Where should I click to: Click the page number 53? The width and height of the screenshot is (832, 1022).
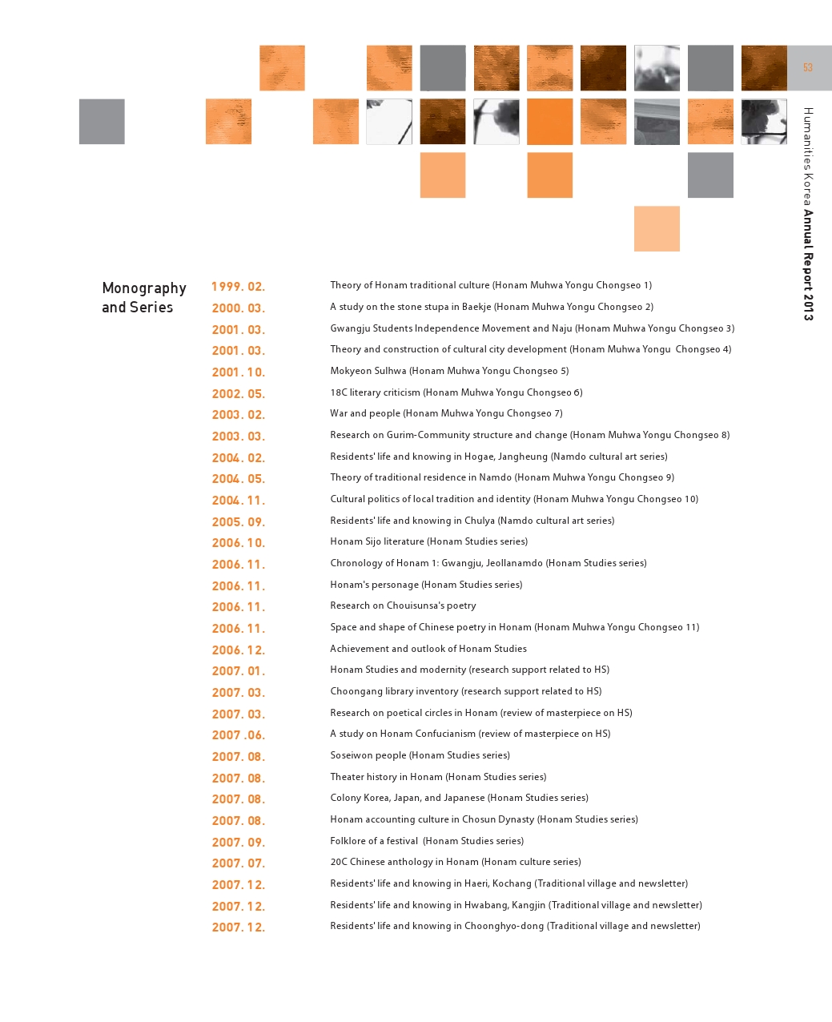[x=807, y=67]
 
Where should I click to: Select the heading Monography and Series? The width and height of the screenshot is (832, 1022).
[x=144, y=297]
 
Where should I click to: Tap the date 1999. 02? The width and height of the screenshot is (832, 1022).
[x=239, y=287]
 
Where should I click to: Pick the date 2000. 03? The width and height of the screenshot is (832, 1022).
[x=239, y=308]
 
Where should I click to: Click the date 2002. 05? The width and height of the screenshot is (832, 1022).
[x=239, y=393]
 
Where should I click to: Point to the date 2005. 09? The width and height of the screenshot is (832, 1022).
[x=239, y=521]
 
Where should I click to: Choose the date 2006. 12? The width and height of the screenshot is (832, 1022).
[x=239, y=650]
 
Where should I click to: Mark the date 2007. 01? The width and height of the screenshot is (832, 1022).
[x=239, y=670]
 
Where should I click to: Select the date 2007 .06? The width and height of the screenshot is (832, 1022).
[x=239, y=734]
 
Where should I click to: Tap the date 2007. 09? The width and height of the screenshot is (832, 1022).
[x=239, y=842]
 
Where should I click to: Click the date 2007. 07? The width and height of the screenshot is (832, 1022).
[x=239, y=863]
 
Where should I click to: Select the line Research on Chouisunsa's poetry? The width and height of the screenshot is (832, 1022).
[x=403, y=606]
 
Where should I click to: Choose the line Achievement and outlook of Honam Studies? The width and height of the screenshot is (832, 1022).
[x=428, y=649]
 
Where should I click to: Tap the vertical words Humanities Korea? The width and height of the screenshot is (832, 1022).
[x=808, y=157]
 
